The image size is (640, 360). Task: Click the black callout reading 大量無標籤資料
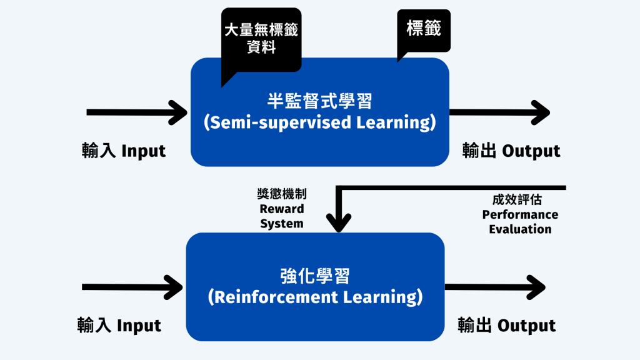261,40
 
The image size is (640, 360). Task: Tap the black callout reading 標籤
424,31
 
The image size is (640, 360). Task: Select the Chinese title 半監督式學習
319,101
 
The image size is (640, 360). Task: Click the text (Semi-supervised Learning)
319,122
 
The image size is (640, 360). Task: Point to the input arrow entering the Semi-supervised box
137,112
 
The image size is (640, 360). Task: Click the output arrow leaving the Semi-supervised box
499,112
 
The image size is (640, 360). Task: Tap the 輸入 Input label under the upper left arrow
124,151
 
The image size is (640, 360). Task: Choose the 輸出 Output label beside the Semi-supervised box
511,151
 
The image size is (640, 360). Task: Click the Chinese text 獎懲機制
282,194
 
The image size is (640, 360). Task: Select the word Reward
282,209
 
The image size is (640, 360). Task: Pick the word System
282,224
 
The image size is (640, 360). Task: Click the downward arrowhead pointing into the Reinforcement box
339,222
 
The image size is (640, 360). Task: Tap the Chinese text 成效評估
517,199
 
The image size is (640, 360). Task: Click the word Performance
520,214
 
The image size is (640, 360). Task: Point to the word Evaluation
520,229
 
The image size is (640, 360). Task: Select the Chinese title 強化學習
315,276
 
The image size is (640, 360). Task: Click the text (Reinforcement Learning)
315,297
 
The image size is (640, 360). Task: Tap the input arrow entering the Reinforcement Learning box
132,287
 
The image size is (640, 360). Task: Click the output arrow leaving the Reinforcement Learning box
495,287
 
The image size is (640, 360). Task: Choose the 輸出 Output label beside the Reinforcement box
506,325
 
